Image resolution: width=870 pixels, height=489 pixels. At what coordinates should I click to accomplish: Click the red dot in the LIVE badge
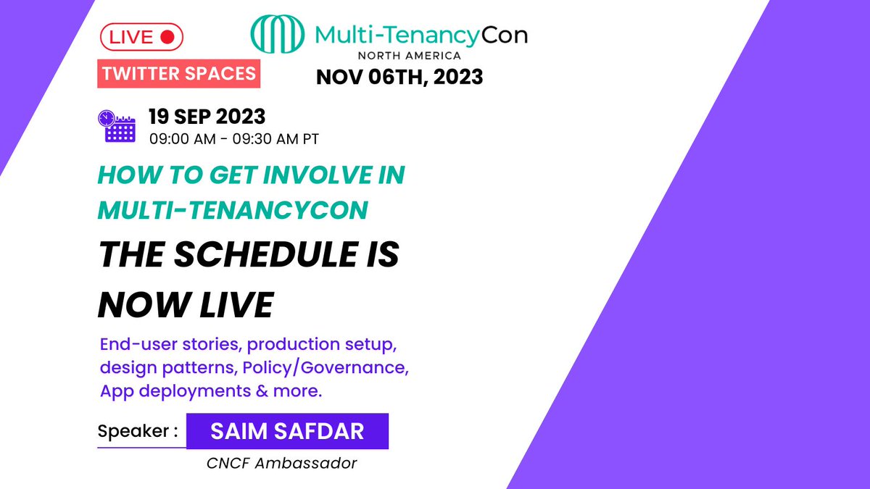coord(167,37)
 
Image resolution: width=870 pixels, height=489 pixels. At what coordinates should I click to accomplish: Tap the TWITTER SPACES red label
coord(179,73)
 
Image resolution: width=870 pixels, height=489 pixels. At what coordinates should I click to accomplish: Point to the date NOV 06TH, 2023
coord(399,76)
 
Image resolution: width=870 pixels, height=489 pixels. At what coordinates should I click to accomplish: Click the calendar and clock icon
coord(116,125)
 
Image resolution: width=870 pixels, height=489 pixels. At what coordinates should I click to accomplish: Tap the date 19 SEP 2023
coord(207,116)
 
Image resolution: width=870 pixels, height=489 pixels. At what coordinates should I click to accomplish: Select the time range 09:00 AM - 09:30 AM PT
coord(233,138)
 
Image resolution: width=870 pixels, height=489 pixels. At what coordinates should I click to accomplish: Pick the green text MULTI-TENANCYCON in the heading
coord(232,209)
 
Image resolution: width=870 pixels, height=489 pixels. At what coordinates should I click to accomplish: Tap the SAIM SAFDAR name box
coord(287,431)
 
